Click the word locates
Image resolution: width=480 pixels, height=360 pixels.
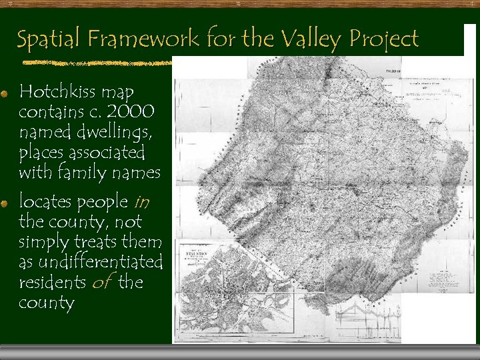(x=47, y=201)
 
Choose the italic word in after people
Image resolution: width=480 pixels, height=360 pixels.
(x=142, y=201)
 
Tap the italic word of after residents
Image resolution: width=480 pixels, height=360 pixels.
(x=101, y=282)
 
